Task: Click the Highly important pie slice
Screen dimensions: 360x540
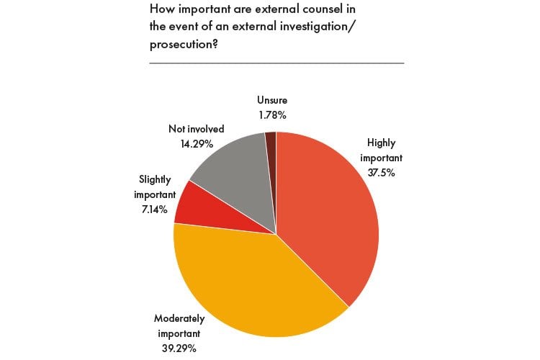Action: pyautogui.click(x=328, y=216)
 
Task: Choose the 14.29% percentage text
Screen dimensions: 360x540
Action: pyautogui.click(x=186, y=143)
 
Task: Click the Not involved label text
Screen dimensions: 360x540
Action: pyautogui.click(x=197, y=129)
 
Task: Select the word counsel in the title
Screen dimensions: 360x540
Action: pyautogui.click(x=325, y=10)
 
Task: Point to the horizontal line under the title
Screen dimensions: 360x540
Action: pyautogui.click(x=276, y=63)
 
